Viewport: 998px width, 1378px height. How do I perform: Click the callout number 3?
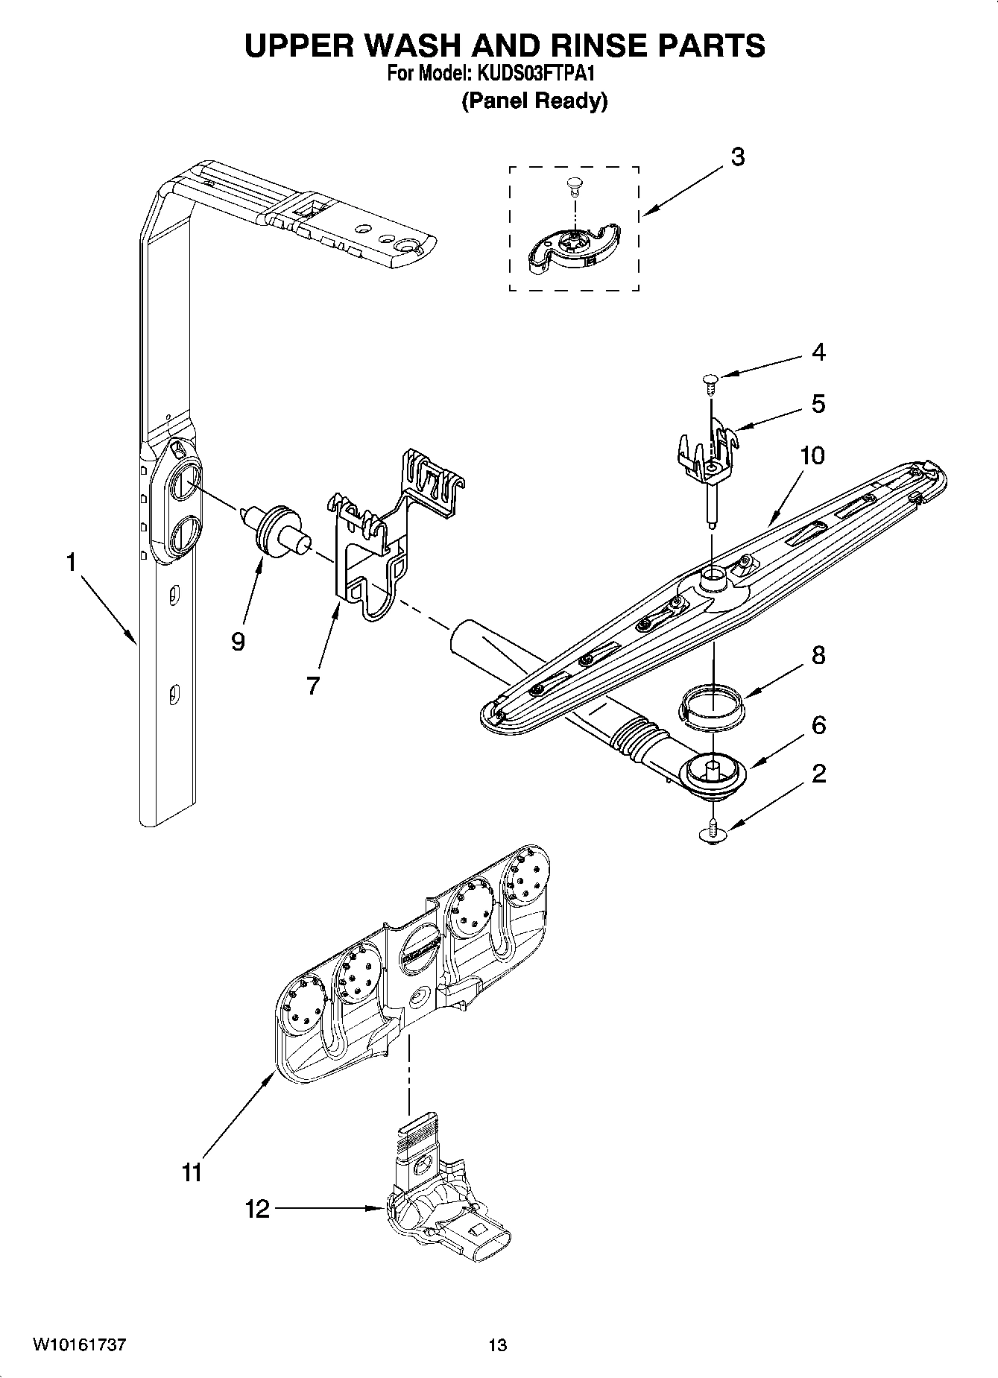(x=737, y=158)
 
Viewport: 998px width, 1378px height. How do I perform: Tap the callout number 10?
(x=812, y=455)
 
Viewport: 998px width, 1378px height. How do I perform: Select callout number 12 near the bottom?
(x=257, y=1208)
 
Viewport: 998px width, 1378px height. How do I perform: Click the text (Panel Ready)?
(x=534, y=101)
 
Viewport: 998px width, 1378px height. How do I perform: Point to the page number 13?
(x=497, y=1345)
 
